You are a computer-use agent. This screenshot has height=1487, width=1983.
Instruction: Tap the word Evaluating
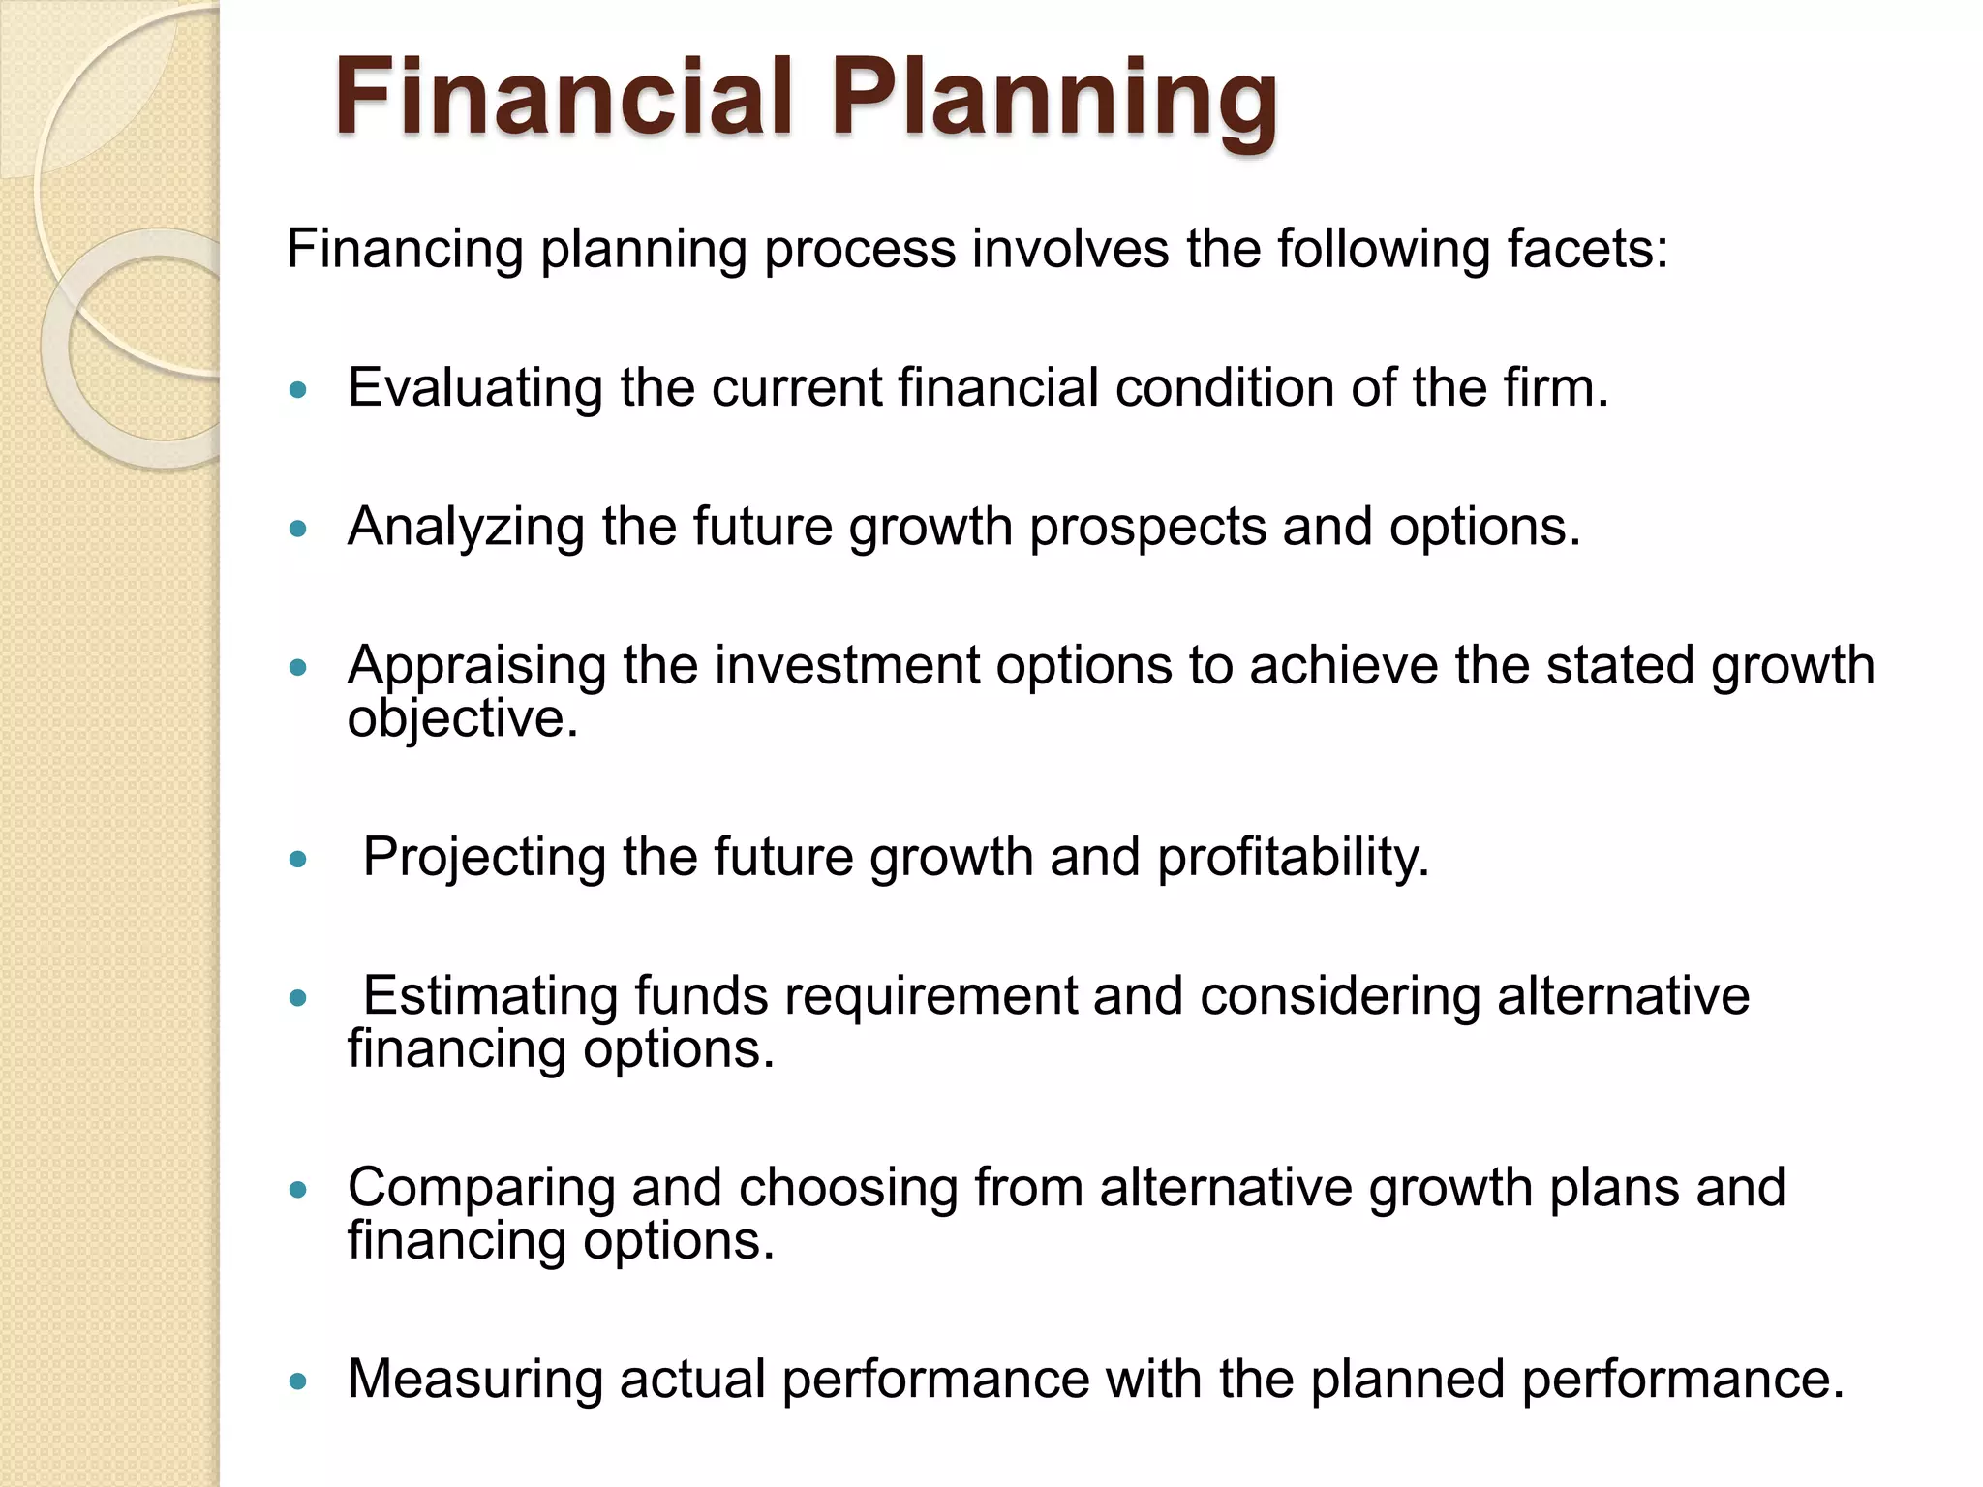pyautogui.click(x=474, y=390)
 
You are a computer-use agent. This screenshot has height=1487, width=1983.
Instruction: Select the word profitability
pyautogui.click(x=1293, y=859)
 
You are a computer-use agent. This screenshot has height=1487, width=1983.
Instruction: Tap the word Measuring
pyautogui.click(x=474, y=1379)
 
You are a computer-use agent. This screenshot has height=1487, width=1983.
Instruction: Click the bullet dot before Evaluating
pyautogui.click(x=298, y=391)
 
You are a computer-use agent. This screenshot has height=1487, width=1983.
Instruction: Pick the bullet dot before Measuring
pyautogui.click(x=298, y=1381)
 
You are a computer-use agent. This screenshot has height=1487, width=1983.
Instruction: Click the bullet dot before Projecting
pyautogui.click(x=298, y=860)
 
